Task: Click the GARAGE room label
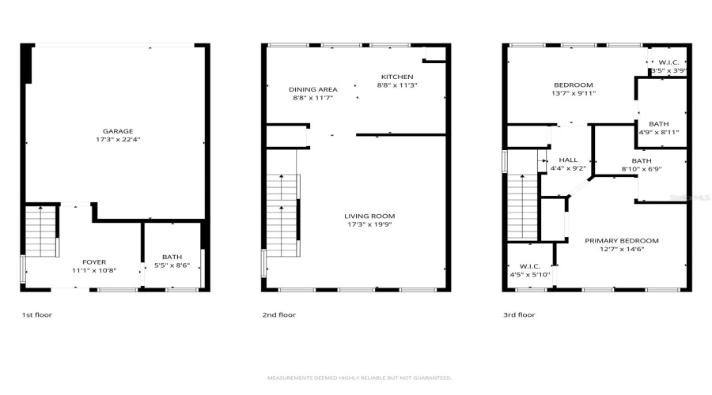coord(117,131)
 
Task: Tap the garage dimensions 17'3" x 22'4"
coord(117,140)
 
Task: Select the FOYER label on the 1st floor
coord(94,261)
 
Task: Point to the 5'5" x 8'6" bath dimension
coord(172,265)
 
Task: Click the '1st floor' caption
coord(36,314)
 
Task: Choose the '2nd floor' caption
coord(278,314)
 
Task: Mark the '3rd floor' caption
coord(519,314)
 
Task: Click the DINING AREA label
coord(313,89)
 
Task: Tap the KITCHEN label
coord(397,77)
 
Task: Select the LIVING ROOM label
coord(369,216)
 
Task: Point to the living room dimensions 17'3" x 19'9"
coord(369,224)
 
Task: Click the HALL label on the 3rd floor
coord(568,160)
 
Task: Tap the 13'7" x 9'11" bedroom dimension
coord(574,93)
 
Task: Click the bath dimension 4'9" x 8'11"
coord(658,133)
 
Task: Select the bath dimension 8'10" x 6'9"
coord(641,168)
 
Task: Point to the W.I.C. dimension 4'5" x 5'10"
coord(529,274)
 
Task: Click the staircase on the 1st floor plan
coord(41,231)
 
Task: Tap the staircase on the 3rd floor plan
coord(523,208)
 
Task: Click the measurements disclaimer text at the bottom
coord(359,378)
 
